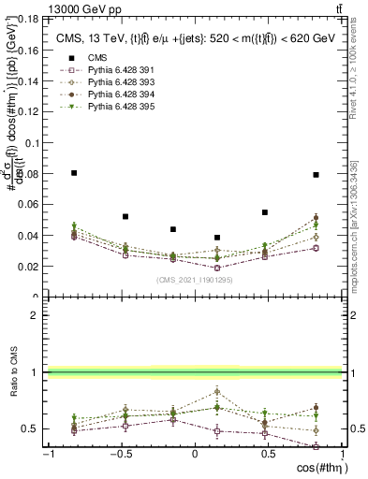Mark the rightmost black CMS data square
(316, 175)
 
